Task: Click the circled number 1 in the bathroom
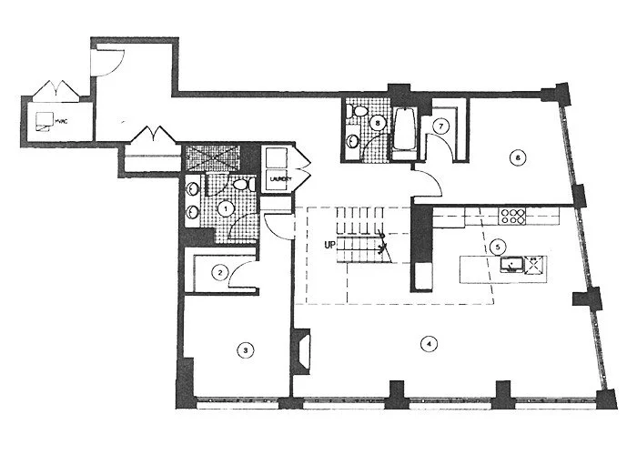pyautogui.click(x=225, y=208)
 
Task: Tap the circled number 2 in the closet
pyautogui.click(x=219, y=271)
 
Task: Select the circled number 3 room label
pyautogui.click(x=244, y=348)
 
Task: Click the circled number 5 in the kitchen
pyautogui.click(x=496, y=246)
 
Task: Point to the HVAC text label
pyautogui.click(x=61, y=118)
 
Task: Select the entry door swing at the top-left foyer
pyautogui.click(x=106, y=60)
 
